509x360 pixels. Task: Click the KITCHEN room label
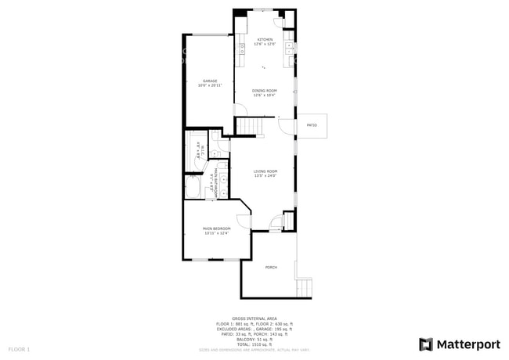[264, 39]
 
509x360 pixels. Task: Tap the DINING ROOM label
[264, 91]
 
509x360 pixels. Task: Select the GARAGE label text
[210, 81]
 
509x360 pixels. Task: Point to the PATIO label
[311, 125]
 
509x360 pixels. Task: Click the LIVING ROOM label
[265, 171]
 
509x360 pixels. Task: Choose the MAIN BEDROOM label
[216, 229]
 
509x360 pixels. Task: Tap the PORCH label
[271, 268]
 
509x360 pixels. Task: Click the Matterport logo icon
[426, 344]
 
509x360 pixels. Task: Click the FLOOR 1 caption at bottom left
[19, 348]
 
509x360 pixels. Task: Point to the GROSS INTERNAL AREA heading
[254, 319]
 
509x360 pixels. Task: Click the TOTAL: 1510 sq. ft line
[254, 344]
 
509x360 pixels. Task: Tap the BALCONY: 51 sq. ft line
[254, 339]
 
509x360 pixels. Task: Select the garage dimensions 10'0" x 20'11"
[210, 85]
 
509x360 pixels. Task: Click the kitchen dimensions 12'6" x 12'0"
[264, 44]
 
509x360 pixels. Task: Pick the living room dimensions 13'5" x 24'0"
[265, 176]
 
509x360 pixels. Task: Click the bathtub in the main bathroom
[193, 189]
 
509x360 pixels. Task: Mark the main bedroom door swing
[243, 220]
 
